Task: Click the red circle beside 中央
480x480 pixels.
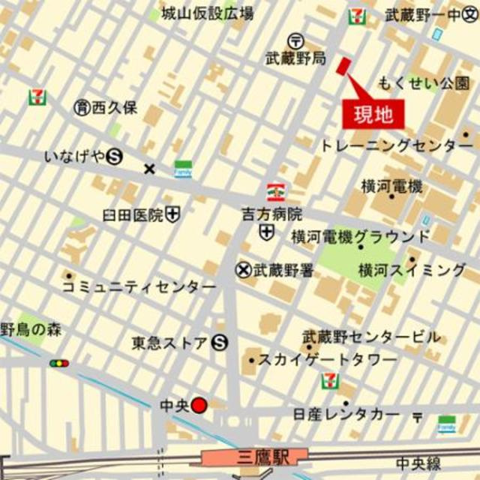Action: click(x=199, y=406)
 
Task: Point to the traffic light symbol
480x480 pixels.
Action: click(x=59, y=363)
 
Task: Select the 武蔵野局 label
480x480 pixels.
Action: click(x=295, y=57)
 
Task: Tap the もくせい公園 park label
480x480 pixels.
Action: click(x=424, y=81)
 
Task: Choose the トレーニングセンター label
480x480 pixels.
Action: click(x=397, y=145)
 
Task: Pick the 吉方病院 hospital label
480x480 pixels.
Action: click(x=271, y=214)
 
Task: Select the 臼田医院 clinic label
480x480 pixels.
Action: click(x=133, y=216)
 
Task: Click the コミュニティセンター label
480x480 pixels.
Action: click(x=139, y=286)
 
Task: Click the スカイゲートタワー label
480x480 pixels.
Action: click(x=327, y=360)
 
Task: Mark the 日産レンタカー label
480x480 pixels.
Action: click(x=346, y=413)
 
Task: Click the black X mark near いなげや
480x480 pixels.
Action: click(x=149, y=169)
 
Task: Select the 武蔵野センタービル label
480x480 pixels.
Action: click(x=371, y=336)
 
